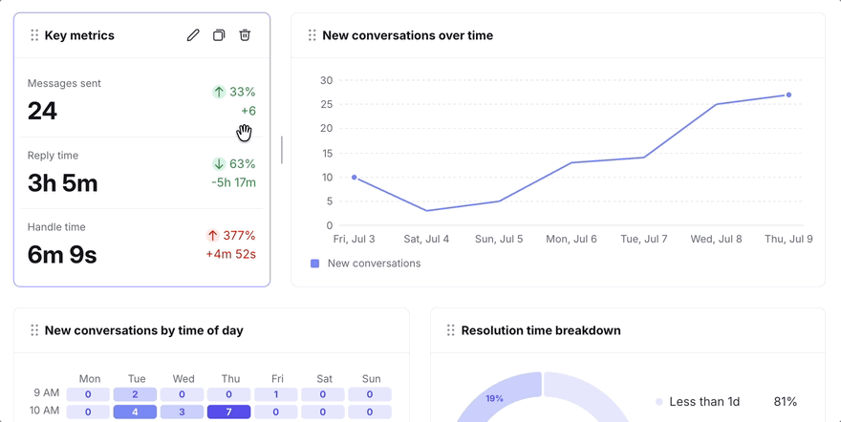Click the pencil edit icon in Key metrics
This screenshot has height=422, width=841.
(x=193, y=35)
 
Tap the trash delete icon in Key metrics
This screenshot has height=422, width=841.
(x=245, y=35)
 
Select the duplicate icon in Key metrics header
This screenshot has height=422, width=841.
(x=219, y=35)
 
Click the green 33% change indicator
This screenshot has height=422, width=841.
(x=234, y=92)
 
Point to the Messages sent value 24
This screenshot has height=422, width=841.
(x=42, y=112)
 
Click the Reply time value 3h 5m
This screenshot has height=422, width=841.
(x=63, y=183)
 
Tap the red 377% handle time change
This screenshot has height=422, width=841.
(x=231, y=236)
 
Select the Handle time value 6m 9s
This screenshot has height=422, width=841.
(x=62, y=255)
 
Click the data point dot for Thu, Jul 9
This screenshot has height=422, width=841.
(x=788, y=95)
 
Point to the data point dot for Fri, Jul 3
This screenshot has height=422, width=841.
(x=354, y=178)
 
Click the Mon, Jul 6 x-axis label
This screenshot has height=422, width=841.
(x=571, y=239)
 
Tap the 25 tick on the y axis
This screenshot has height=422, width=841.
(x=327, y=104)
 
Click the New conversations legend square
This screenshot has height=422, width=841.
(x=314, y=264)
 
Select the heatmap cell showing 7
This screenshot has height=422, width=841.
(x=229, y=411)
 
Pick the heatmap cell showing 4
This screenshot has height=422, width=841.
(x=135, y=411)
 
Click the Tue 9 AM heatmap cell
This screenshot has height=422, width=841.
(x=135, y=394)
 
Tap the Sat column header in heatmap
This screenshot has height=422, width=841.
(x=325, y=379)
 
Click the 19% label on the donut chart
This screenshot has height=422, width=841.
(x=494, y=398)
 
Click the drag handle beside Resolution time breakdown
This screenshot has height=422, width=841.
(x=450, y=330)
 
